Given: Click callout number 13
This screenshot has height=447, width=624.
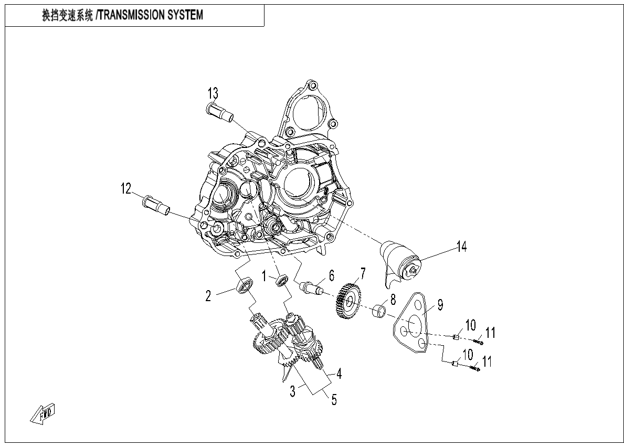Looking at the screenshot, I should tap(212, 94).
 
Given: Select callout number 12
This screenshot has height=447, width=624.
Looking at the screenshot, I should tap(126, 189).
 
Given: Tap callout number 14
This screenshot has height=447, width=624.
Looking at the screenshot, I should tap(461, 246).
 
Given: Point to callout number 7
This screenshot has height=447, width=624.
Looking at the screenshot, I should tap(362, 273).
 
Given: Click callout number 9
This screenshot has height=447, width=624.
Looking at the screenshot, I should tap(440, 304).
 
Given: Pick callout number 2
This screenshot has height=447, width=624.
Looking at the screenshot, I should tap(208, 296).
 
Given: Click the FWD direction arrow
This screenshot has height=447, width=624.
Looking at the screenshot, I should tap(44, 413).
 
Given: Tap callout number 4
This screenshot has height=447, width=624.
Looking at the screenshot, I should tap(339, 374).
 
